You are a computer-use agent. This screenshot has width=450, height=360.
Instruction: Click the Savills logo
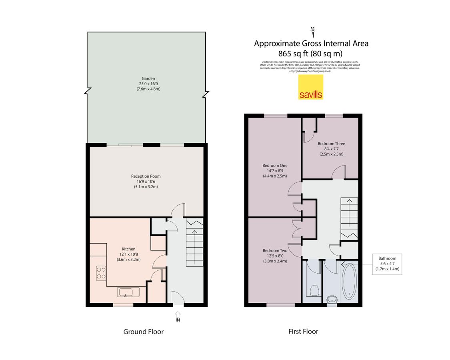(x=311, y=88)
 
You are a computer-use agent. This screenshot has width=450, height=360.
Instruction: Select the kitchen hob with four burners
(x=101, y=273)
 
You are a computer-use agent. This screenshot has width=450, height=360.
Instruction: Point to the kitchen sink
(x=128, y=292)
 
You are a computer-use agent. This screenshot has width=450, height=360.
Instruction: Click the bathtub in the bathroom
(x=350, y=281)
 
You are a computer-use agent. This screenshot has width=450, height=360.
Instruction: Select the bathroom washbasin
(x=331, y=299)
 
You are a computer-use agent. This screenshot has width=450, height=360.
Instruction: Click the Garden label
(x=148, y=78)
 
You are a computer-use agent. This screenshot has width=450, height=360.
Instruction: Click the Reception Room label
(x=146, y=176)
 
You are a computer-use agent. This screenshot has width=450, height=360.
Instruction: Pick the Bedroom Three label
(x=331, y=144)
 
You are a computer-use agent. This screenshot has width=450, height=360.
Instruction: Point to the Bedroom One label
(x=275, y=165)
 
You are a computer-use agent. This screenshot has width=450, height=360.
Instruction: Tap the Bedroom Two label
(x=275, y=250)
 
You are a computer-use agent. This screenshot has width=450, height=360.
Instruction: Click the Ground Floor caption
(x=143, y=332)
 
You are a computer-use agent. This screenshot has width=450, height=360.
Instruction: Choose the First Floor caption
(x=303, y=332)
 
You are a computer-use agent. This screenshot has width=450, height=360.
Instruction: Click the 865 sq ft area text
(x=311, y=53)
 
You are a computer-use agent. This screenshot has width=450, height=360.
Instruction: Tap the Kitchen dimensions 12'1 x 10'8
(x=129, y=254)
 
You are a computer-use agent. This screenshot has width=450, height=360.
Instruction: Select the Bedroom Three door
(x=338, y=173)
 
